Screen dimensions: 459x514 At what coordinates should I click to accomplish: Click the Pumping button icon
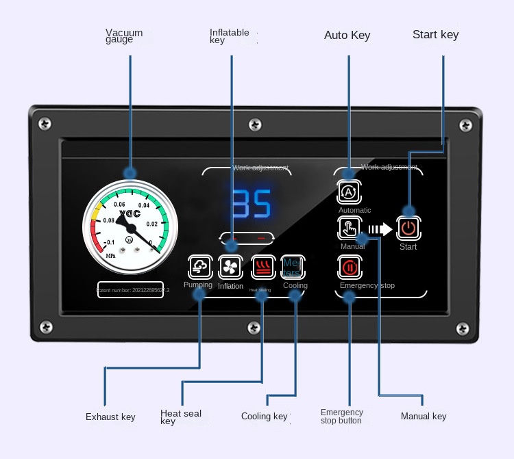coord(199,266)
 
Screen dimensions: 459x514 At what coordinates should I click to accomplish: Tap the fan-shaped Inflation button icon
coord(230,266)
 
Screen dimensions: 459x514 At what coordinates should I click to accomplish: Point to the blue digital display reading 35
coord(250,203)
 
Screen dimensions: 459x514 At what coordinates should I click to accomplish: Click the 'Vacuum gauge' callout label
coord(124,36)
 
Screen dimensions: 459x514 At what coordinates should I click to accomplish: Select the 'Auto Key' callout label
coord(347,35)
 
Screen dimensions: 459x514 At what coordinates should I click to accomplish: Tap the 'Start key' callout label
coord(435,34)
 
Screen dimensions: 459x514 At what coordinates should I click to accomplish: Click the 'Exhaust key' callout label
coord(110,417)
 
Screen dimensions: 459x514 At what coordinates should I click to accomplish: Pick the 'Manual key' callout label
coord(423,416)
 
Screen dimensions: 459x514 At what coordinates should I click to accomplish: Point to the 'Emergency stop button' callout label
coord(341,417)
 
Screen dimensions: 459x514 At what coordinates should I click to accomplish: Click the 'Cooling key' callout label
coord(265,417)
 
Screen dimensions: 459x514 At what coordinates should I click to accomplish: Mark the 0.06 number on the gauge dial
coord(119,205)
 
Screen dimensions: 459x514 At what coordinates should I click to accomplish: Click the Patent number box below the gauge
coord(130,290)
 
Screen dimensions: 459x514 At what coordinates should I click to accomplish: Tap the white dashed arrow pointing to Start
coord(380,229)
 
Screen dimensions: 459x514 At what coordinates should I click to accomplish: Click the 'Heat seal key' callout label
coord(181,417)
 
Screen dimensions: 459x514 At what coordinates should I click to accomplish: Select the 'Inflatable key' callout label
coord(229,36)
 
